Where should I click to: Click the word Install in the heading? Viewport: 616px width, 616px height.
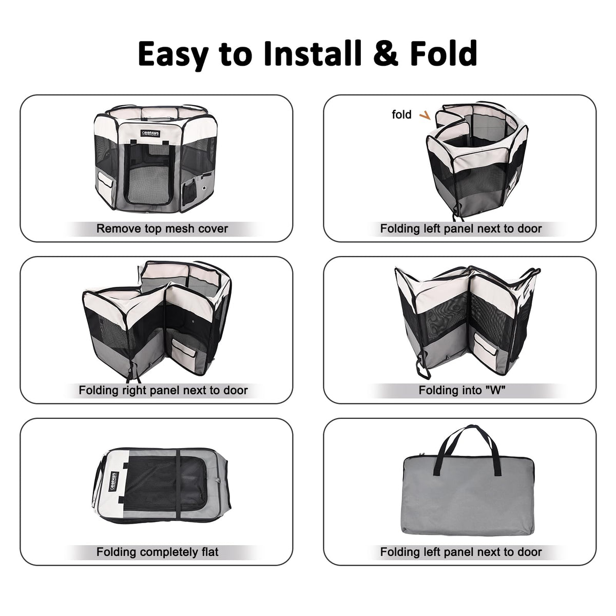[x=312, y=53]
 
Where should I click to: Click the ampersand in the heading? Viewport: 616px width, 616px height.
[x=386, y=54]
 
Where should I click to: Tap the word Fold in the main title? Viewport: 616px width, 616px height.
[x=444, y=53]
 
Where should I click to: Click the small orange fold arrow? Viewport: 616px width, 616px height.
[x=425, y=115]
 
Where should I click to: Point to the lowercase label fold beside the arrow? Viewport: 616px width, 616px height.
[x=401, y=114]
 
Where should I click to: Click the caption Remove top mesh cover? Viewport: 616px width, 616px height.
[x=162, y=228]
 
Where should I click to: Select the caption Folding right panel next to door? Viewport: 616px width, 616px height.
[x=163, y=390]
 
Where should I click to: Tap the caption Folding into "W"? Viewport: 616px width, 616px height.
[x=462, y=390]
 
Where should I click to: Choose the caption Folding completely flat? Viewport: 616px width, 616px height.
[x=157, y=552]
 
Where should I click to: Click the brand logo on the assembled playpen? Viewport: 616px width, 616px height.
[x=150, y=133]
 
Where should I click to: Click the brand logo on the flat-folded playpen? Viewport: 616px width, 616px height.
[x=113, y=478]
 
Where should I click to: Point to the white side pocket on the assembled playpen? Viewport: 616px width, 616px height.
[x=106, y=180]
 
